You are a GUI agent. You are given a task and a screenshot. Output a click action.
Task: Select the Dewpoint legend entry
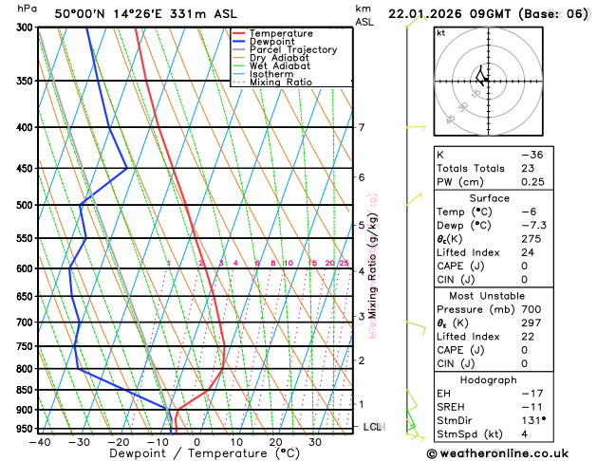(x=275, y=42)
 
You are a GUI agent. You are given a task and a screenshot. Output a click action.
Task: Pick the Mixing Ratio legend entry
(x=280, y=83)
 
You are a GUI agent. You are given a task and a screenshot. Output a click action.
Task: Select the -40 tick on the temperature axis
(x=39, y=441)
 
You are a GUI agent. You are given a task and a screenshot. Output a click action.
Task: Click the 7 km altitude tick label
(x=361, y=127)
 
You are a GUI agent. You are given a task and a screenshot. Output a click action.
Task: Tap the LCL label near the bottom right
(x=372, y=427)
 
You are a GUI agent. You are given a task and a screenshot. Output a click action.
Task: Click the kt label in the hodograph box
(x=440, y=32)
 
